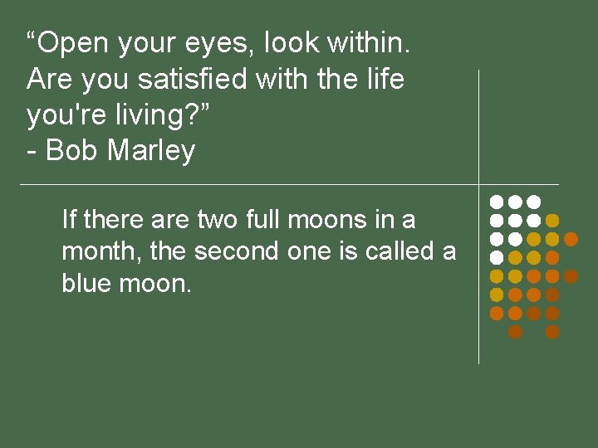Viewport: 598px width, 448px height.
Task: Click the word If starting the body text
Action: tap(69, 220)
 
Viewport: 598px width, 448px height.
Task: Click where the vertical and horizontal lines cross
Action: tap(479, 184)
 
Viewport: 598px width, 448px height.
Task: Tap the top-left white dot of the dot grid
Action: tap(496, 202)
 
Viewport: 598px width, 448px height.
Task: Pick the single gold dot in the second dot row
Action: tap(552, 221)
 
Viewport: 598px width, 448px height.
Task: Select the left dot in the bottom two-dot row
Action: tap(515, 332)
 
